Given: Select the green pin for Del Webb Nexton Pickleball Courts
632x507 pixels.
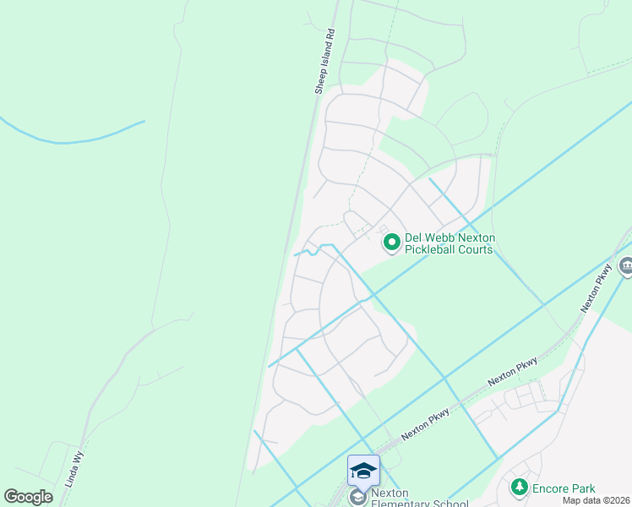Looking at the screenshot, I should click(391, 243).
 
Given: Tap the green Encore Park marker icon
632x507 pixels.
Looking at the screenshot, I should click(519, 488).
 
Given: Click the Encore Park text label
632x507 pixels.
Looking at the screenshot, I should click(564, 488).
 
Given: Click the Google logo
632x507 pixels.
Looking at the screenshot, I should click(29, 497).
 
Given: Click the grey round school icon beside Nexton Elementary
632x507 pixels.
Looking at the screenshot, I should click(357, 499).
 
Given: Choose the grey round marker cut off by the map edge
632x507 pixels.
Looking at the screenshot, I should click(626, 267).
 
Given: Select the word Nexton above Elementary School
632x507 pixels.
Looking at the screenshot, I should click(390, 493).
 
